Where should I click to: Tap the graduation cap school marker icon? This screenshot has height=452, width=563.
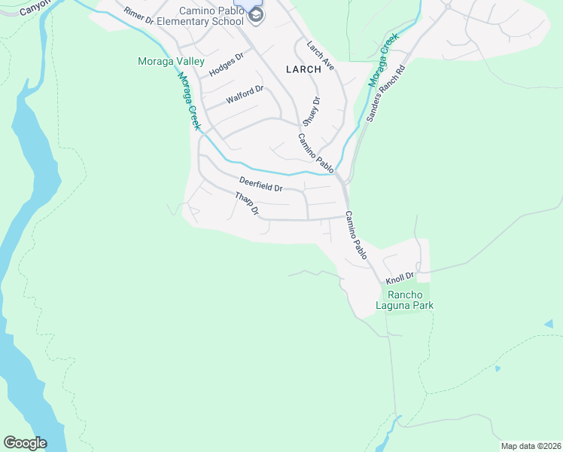[x=256, y=16]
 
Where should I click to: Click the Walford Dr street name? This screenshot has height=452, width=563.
[x=245, y=95]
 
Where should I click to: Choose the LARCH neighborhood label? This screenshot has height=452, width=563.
[x=303, y=69]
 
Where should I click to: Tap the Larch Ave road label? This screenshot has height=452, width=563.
[x=319, y=56]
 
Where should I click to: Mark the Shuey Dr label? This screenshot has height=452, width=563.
[x=312, y=111]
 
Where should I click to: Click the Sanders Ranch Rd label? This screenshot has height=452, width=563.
[x=385, y=94]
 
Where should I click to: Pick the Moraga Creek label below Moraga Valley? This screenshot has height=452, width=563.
[x=189, y=99]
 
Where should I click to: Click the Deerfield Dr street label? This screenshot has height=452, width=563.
[x=260, y=183]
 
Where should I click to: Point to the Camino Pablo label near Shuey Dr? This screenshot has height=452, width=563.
[x=315, y=151]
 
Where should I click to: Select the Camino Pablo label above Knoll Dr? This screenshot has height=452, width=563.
[x=355, y=236]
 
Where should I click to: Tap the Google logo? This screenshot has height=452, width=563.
[x=25, y=443]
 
